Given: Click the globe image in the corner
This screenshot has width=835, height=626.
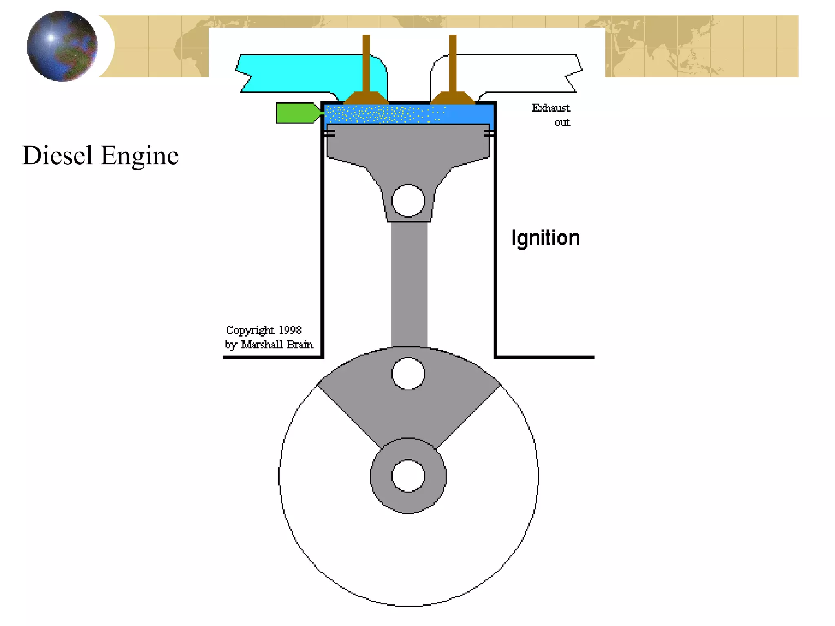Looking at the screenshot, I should (62, 46).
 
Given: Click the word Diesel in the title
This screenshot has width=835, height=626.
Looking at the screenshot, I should (57, 156).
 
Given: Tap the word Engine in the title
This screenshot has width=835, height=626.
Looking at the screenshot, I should (139, 156).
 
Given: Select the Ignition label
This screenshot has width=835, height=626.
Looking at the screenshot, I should (545, 238).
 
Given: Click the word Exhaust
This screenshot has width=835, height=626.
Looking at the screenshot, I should (550, 108).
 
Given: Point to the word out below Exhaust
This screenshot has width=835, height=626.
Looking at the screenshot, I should (562, 123).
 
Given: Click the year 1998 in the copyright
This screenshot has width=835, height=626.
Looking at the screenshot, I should (290, 330).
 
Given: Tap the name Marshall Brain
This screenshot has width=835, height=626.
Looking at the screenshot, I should (277, 345).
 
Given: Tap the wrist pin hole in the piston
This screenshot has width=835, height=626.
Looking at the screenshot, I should (408, 201).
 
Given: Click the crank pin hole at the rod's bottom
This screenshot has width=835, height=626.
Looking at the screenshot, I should (408, 373).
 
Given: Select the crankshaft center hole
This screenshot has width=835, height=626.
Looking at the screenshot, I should (408, 476).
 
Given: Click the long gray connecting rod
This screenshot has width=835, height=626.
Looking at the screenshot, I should (409, 285).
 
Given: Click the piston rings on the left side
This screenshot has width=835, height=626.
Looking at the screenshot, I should (330, 133).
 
